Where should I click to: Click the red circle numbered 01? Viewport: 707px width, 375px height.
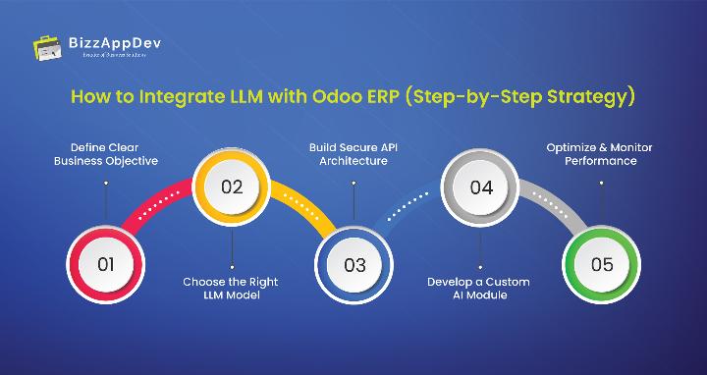105,263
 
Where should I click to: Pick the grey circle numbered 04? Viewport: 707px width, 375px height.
480,187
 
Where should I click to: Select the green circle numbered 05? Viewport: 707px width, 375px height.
602,263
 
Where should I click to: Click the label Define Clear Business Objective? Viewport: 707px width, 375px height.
105,154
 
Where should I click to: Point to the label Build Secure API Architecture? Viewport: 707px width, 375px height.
354,154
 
